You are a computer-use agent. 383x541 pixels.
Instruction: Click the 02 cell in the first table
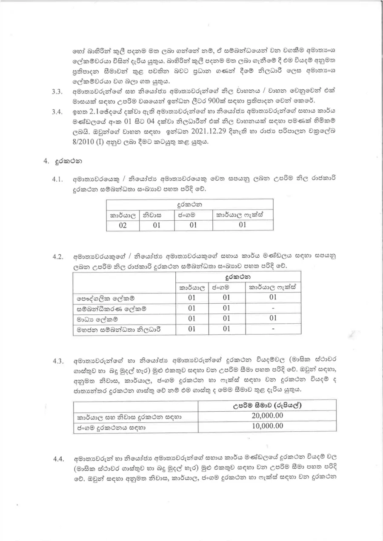tap(123, 225)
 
